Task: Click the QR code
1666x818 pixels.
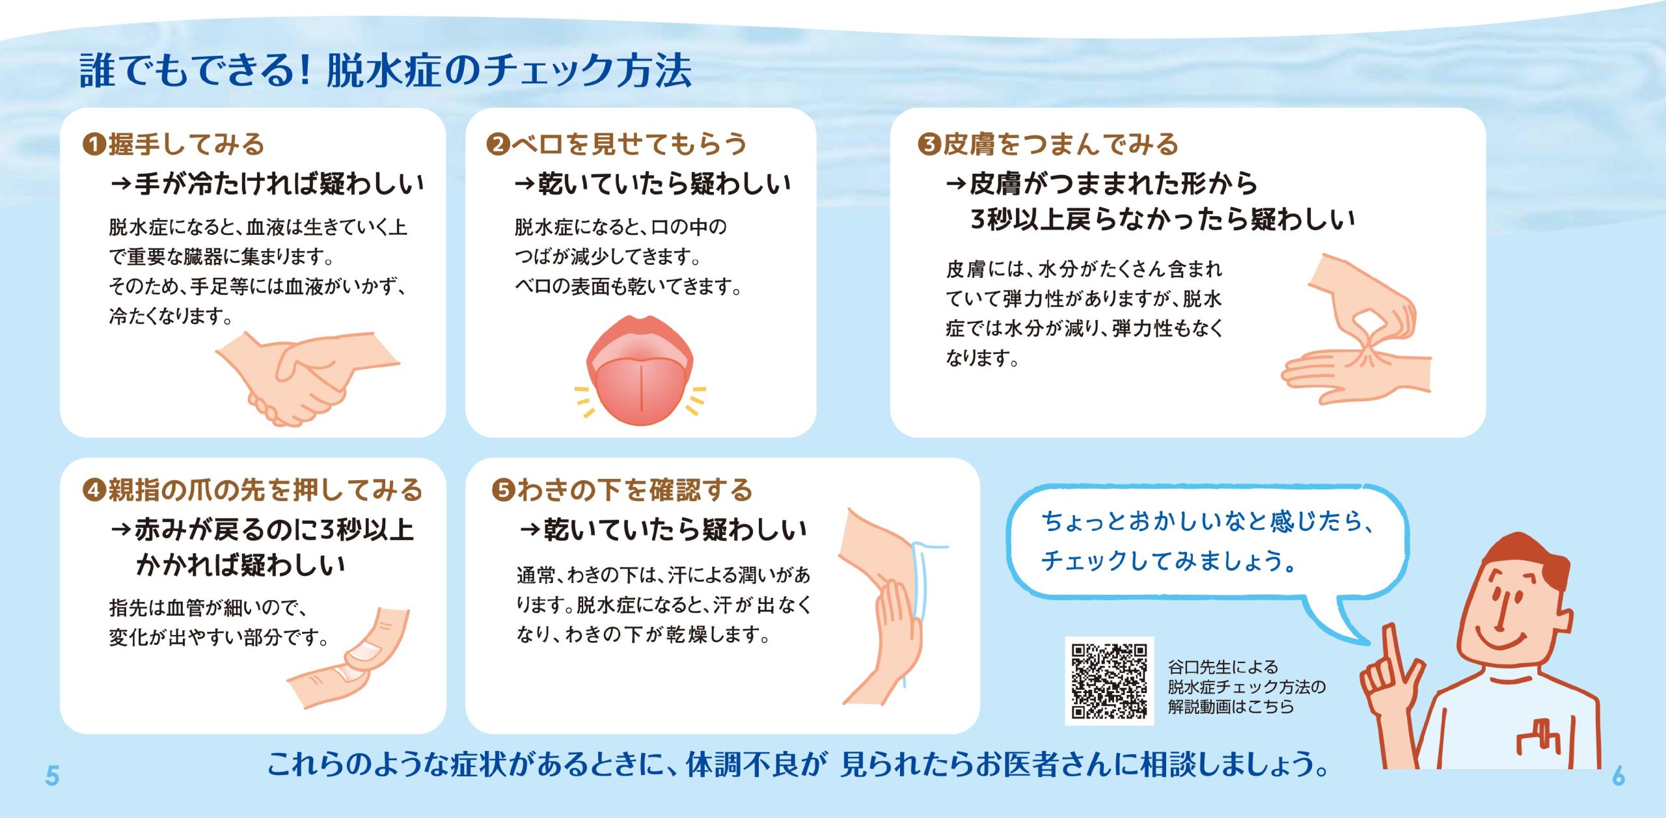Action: tap(1109, 681)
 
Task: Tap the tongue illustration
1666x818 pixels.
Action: tap(640, 371)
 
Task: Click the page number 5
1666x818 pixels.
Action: tap(52, 776)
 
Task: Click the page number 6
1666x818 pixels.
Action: tap(1618, 776)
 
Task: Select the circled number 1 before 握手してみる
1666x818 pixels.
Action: tap(94, 144)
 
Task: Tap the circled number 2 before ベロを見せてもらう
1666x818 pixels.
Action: tap(498, 144)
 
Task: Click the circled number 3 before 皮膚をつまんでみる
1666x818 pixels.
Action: tap(929, 144)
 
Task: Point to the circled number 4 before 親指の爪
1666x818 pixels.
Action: tap(94, 490)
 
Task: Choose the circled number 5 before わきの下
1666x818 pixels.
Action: tap(504, 490)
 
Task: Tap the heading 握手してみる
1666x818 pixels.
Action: tap(187, 144)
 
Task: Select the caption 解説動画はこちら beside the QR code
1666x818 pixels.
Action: tap(1231, 707)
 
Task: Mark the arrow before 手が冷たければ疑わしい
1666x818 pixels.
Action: tap(121, 184)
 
